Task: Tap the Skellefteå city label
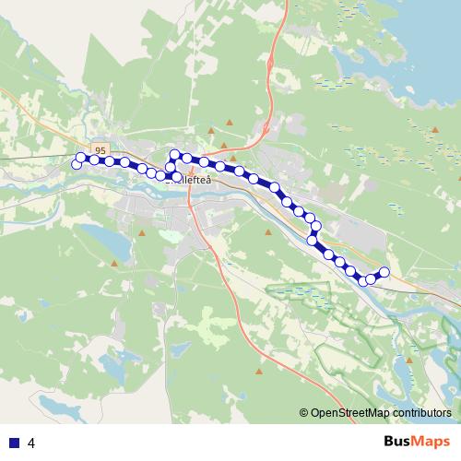[191, 182]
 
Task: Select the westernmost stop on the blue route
[77, 164]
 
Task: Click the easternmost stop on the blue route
[384, 271]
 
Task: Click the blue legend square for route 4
[13, 443]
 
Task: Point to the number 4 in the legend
[32, 443]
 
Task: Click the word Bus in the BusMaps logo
[397, 441]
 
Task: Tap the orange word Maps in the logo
[431, 441]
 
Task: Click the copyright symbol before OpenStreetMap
[304, 413]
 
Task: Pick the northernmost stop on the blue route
[174, 154]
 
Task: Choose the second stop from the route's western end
[80, 158]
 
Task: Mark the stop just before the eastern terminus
[372, 278]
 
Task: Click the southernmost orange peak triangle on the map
[259, 372]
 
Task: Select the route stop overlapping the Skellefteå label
[178, 176]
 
